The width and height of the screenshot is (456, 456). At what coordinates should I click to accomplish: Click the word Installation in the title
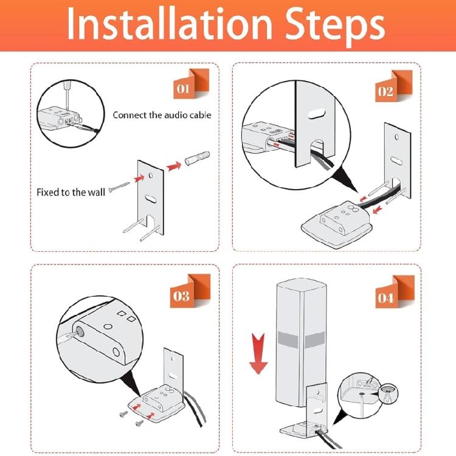(169, 24)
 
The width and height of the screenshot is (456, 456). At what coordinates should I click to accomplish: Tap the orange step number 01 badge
(192, 84)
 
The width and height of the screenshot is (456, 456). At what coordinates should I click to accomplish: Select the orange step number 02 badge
(394, 86)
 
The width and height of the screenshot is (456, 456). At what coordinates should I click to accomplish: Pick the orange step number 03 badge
(190, 291)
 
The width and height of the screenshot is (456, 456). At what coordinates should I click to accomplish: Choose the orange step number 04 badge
(395, 292)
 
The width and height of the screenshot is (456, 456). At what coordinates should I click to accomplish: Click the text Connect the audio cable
(162, 115)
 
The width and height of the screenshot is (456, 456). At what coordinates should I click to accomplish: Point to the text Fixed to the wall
(71, 192)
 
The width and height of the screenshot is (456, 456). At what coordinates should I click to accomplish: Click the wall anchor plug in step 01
(197, 159)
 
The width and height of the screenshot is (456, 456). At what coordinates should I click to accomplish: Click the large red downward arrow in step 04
(258, 353)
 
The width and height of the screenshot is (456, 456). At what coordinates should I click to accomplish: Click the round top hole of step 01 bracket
(151, 175)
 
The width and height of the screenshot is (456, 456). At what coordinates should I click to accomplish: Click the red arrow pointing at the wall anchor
(174, 167)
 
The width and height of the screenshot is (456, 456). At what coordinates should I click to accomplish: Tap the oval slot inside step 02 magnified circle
(315, 114)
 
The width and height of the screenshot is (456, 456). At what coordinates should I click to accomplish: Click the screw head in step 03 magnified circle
(79, 331)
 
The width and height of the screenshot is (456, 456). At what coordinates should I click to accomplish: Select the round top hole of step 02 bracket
(396, 137)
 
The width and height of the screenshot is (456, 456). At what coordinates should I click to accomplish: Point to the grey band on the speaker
(301, 339)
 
